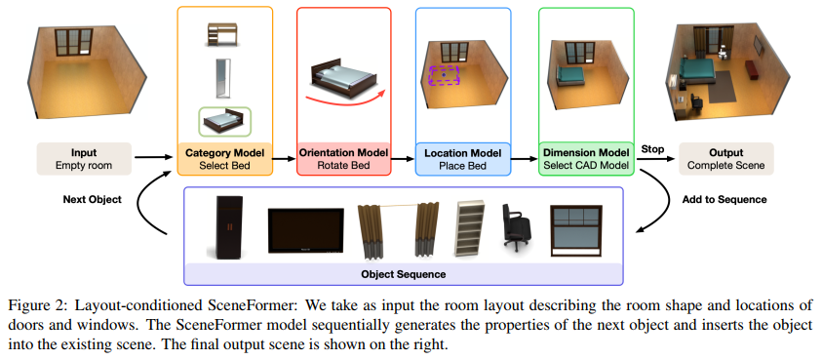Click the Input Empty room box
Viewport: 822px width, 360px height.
[84, 159]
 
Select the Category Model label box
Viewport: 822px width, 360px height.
[223, 159]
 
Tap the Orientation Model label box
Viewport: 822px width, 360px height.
[342, 159]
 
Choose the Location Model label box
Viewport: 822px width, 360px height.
[462, 159]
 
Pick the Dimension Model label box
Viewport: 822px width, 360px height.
[586, 159]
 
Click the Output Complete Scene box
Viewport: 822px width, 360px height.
[726, 159]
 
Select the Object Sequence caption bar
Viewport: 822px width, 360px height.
[403, 275]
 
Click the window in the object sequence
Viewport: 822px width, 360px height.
[577, 230]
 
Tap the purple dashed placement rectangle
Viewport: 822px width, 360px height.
[445, 74]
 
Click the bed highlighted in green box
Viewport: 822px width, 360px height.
[223, 122]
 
